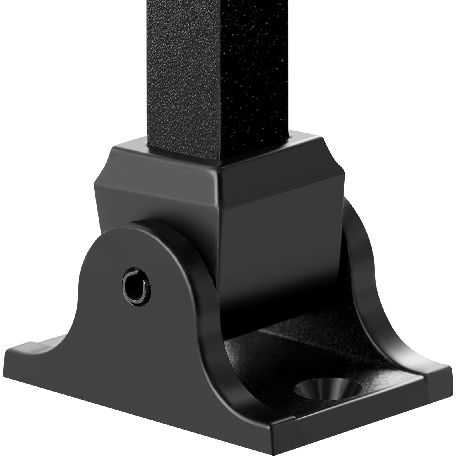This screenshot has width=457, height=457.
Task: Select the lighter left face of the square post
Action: [x=183, y=71]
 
